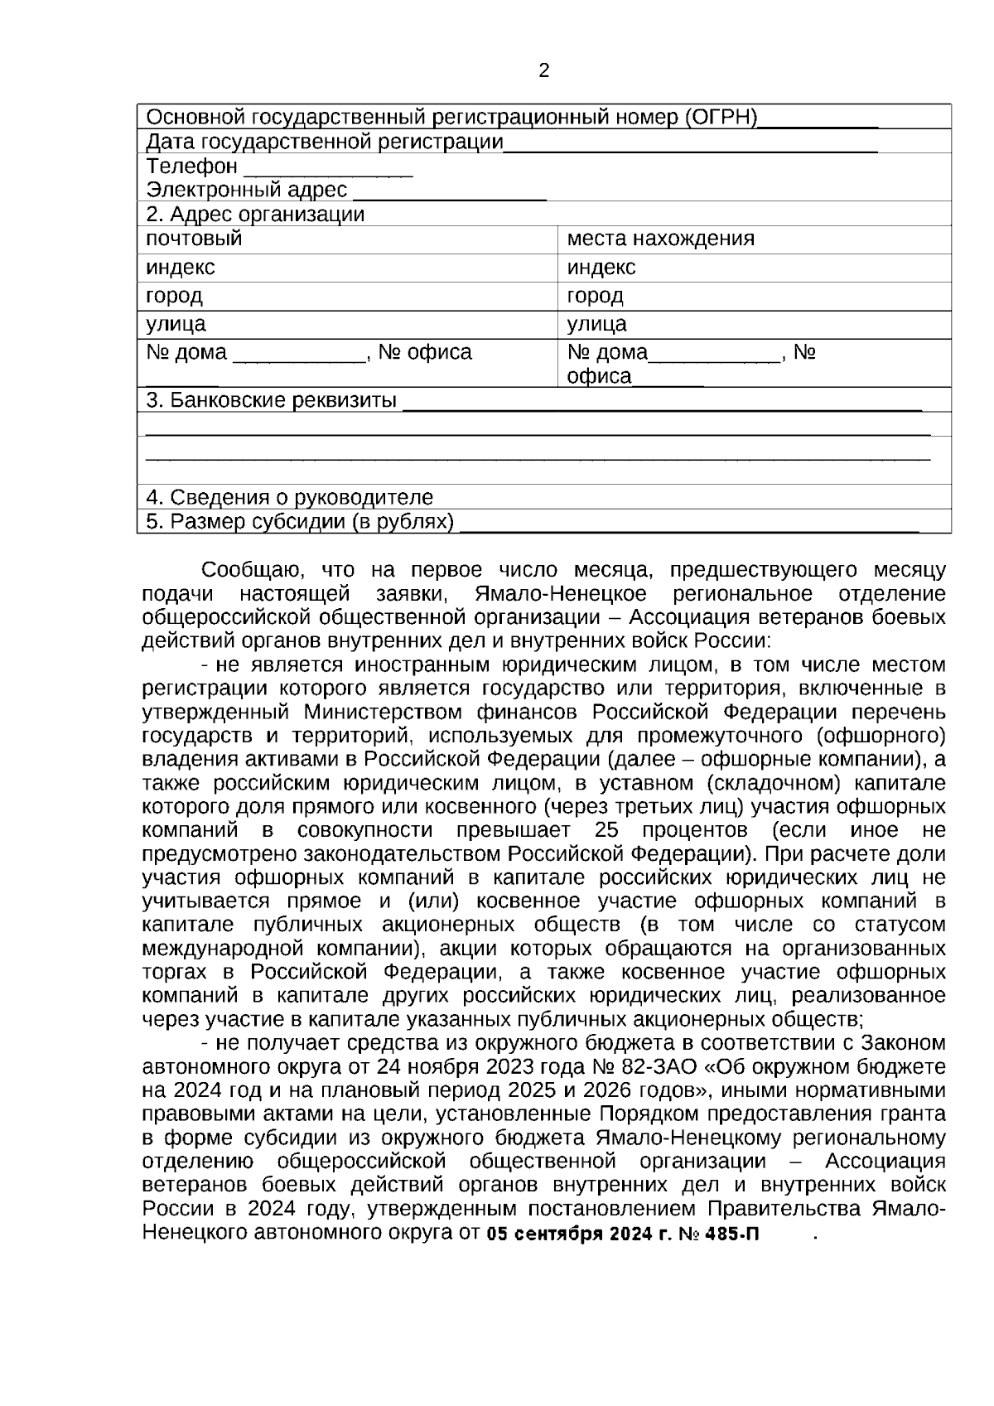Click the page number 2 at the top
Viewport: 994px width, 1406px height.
[544, 71]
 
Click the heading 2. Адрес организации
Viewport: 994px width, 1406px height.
[255, 215]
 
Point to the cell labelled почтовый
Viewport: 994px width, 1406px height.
[195, 239]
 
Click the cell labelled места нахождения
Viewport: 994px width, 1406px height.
[660, 239]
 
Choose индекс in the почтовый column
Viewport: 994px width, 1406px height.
[180, 268]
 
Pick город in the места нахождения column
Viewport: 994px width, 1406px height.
[595, 296]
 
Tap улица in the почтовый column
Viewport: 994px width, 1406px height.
[176, 324]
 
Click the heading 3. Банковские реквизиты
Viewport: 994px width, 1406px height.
[271, 401]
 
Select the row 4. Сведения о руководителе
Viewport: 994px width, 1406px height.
[289, 497]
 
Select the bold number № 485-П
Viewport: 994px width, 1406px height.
[718, 1234]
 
